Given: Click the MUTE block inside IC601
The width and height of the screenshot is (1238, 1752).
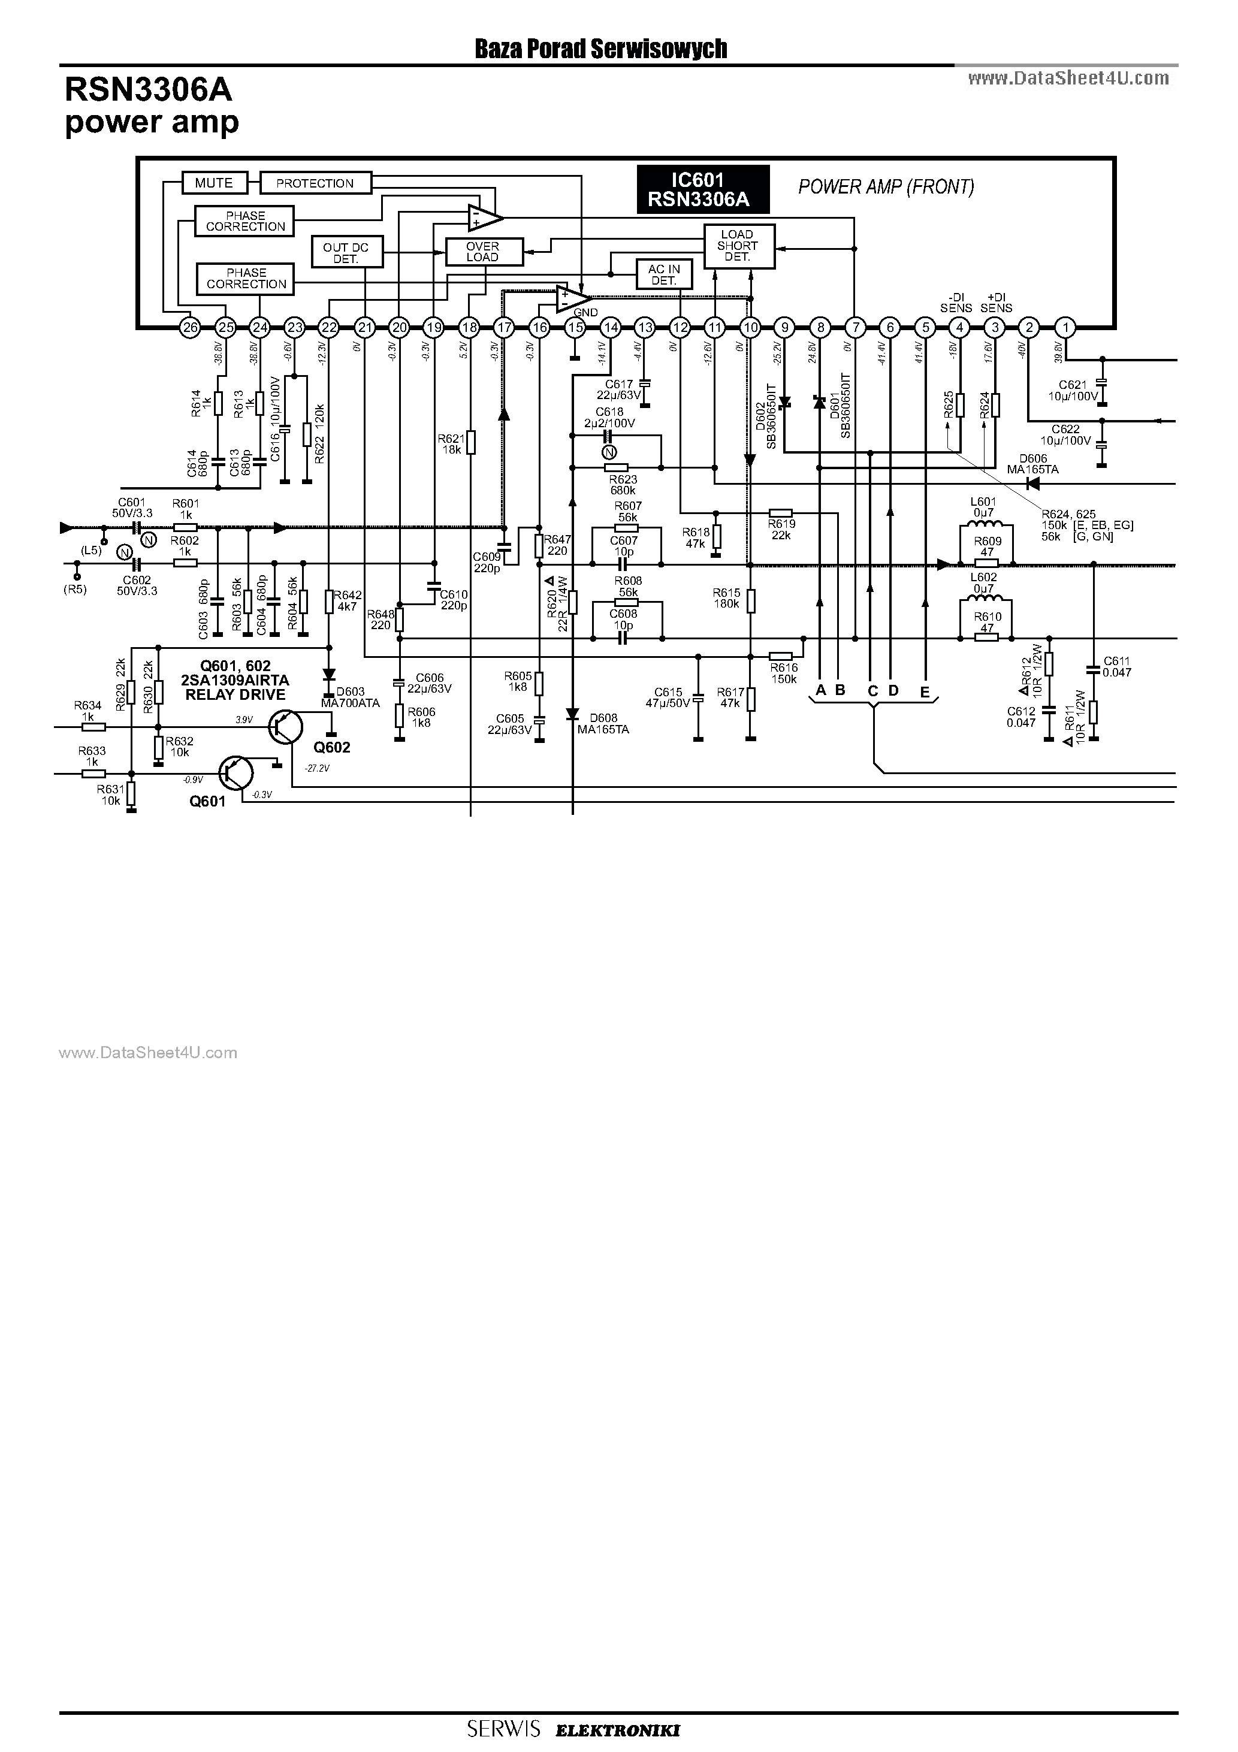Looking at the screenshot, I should point(215,183).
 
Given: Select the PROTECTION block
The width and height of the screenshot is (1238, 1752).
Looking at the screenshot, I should point(315,183).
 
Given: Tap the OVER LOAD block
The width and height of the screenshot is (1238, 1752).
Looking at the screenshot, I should point(482,252).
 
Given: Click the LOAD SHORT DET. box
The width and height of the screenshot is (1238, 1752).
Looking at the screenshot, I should point(737,246).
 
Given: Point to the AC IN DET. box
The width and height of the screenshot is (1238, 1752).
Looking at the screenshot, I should point(664,274).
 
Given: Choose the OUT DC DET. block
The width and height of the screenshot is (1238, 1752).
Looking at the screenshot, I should point(346,253).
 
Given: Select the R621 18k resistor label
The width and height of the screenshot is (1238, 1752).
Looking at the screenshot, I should point(451,444).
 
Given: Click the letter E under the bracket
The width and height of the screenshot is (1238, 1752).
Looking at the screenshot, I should point(925,692).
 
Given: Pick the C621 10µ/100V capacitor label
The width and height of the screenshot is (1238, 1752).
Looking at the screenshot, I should point(1073,391).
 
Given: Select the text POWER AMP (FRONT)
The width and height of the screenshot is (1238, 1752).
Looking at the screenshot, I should point(886,187).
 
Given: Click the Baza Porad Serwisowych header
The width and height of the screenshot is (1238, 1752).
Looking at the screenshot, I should point(600,50).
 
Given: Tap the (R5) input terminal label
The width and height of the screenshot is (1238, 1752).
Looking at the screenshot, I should point(75,588).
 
